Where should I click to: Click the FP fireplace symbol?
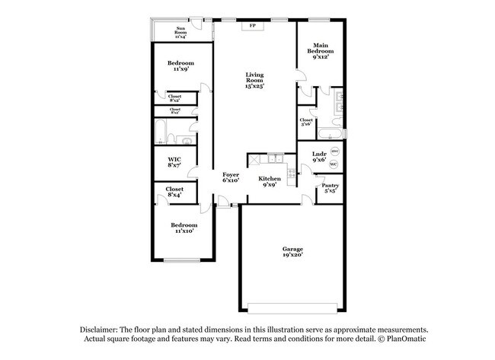(253, 25)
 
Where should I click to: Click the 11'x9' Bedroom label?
(181, 65)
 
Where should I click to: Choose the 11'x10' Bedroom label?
(184, 228)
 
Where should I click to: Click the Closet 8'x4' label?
(174, 191)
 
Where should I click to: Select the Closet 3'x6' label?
(306, 123)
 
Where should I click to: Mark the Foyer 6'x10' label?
(231, 178)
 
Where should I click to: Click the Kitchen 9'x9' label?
(270, 181)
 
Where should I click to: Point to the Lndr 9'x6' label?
(318, 158)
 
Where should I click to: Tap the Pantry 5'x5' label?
(330, 188)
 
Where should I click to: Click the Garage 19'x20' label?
(293, 252)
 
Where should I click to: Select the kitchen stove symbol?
(254, 159)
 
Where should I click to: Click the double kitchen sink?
(275, 159)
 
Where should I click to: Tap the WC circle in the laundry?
(334, 165)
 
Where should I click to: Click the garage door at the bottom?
(293, 307)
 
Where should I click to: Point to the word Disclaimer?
(104, 328)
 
